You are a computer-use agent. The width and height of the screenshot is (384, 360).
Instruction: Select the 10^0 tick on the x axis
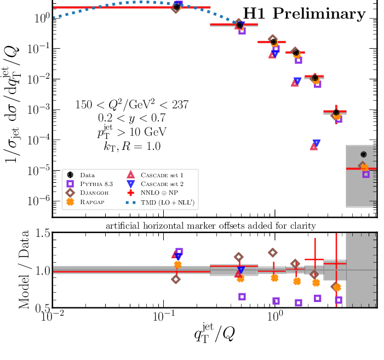pos(274,317)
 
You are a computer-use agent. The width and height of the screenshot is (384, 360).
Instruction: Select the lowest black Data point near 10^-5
pos(363,155)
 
